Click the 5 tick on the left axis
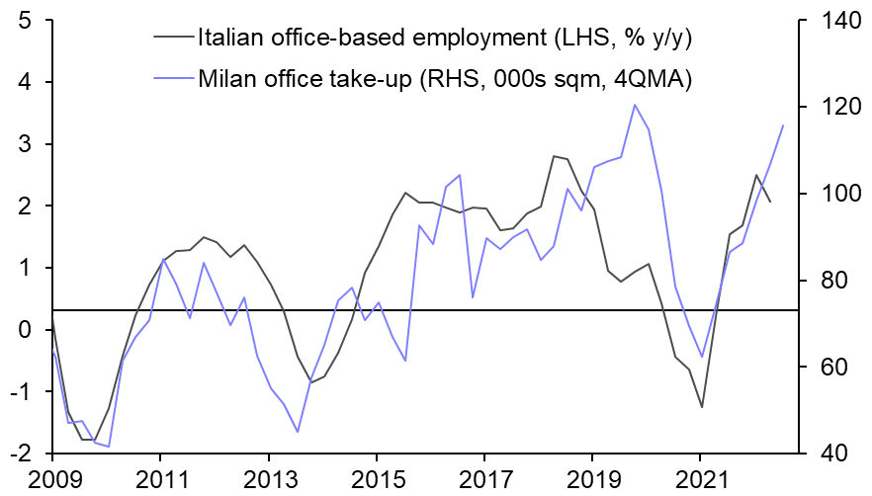[x=24, y=21]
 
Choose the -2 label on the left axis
[x=19, y=454]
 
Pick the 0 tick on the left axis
[x=24, y=330]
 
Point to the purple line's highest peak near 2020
[x=634, y=105]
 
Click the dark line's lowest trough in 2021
[x=701, y=407]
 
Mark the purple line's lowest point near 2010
[x=108, y=447]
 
